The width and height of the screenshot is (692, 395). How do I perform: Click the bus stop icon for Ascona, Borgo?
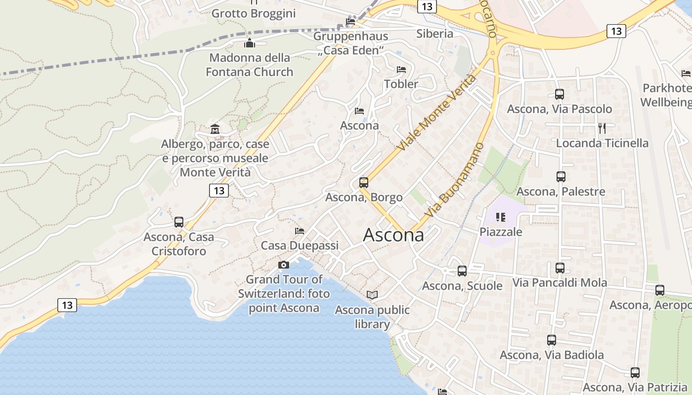[364, 183]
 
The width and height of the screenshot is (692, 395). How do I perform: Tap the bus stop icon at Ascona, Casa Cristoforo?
[179, 222]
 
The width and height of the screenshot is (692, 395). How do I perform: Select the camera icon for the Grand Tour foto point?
[284, 265]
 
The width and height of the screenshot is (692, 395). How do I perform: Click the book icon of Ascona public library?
[372, 295]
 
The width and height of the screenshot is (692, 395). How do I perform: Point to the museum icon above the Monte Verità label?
[215, 129]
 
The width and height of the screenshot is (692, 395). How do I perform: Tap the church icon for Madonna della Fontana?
[250, 43]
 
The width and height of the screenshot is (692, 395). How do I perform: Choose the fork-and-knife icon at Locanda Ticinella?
[602, 128]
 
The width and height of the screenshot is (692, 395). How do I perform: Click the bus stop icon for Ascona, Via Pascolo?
[560, 94]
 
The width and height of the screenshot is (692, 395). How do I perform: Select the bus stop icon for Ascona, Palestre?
[561, 177]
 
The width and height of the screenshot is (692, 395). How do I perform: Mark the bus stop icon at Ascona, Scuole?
[462, 271]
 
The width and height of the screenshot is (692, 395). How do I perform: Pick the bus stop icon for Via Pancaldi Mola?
[560, 268]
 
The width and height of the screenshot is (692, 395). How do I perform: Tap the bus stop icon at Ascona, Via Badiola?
[552, 340]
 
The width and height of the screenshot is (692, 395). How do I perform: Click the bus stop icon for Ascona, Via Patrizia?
[635, 373]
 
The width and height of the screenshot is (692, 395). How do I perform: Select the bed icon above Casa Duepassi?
[300, 231]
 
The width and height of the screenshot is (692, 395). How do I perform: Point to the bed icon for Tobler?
[401, 70]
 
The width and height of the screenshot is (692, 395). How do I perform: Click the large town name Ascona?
[393, 235]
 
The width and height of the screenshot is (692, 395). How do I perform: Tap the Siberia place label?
[434, 34]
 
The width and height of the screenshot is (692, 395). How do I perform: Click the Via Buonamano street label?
[454, 180]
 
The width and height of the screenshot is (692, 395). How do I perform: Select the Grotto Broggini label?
[254, 13]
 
